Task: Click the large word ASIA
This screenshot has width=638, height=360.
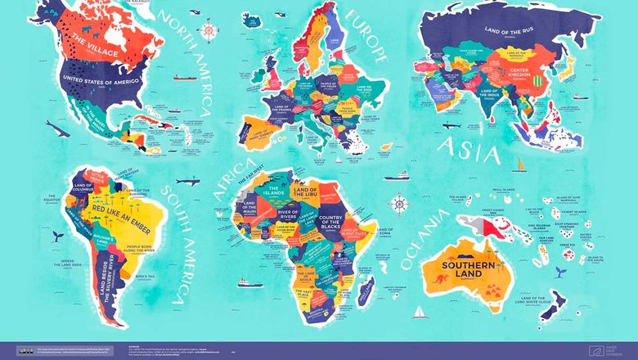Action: coord(470,148)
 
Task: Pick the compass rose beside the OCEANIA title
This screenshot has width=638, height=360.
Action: coord(399,202)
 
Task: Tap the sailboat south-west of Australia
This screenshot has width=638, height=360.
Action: coord(418,313)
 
